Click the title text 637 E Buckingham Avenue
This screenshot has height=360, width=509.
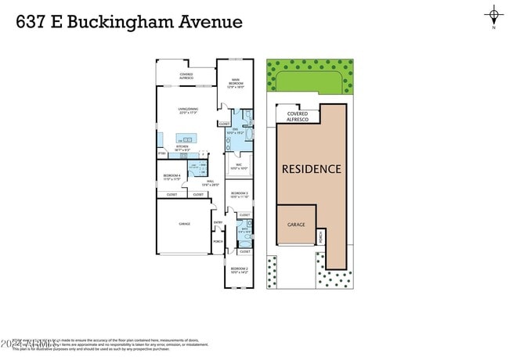pos(129,21)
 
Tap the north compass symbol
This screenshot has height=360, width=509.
pos(493,16)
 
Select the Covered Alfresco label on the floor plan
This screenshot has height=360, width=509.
pos(186,76)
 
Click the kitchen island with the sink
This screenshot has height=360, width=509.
pos(187,139)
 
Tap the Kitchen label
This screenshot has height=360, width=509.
pos(182,148)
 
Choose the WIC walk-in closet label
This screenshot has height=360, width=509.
pos(237,166)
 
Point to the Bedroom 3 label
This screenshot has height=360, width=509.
pos(239,194)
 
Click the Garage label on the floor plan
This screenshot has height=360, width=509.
pos(184,224)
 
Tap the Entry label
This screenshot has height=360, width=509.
pos(218,223)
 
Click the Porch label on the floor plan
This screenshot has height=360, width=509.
pos(218,241)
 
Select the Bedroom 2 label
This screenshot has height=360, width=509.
pos(239,270)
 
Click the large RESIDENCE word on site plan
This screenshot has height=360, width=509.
pos(312,168)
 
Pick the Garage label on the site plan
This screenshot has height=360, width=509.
pos(296,224)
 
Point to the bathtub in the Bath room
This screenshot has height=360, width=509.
pos(246,243)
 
